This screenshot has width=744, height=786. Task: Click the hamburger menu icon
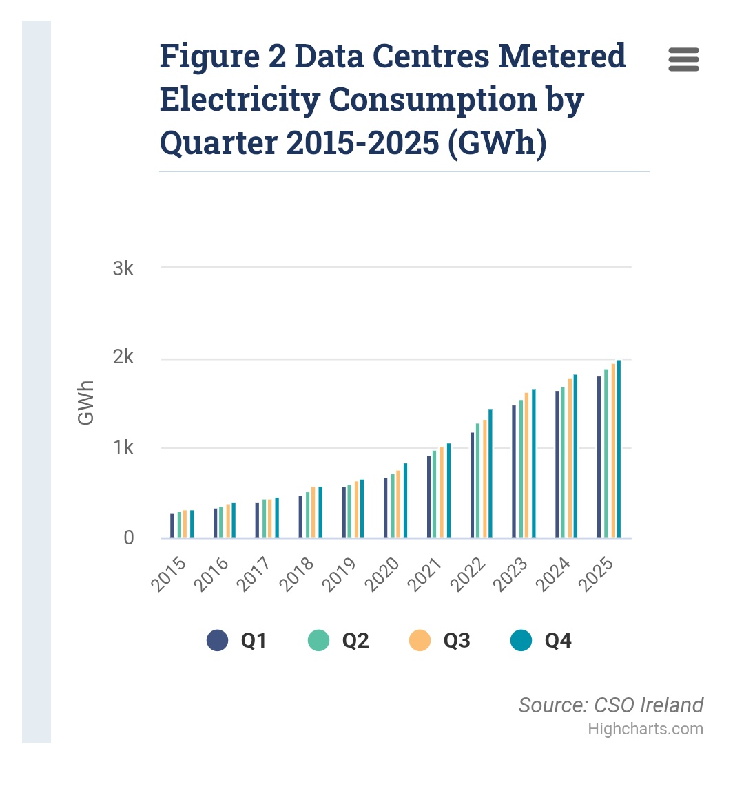684,59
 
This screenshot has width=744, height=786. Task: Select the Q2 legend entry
339,640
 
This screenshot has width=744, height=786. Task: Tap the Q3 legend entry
440,640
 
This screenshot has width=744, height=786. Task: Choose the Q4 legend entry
541,640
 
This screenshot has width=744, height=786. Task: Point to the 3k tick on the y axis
123,268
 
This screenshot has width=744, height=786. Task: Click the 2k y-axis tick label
123,357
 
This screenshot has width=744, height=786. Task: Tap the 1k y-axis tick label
123,447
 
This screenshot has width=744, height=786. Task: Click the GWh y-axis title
85,403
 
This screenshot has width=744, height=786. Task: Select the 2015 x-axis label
169,575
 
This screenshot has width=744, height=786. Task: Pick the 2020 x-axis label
382,575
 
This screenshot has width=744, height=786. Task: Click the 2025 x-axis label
595,575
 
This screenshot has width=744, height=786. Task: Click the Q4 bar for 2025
619,449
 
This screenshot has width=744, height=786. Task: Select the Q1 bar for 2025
599,457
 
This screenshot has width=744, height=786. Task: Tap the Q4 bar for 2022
490,474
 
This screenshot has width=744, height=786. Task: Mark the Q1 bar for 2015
172,526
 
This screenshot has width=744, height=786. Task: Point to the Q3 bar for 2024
570,458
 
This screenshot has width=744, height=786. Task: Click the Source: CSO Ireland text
611,705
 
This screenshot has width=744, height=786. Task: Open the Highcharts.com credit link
645,729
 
